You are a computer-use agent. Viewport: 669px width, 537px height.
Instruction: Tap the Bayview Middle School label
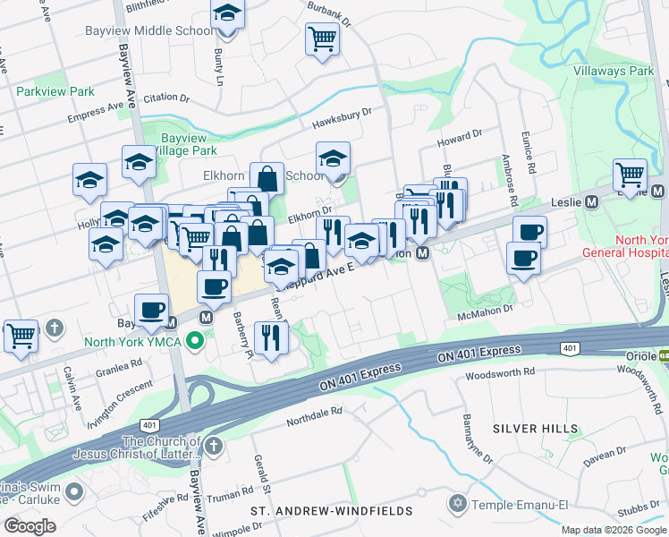click(x=162, y=30)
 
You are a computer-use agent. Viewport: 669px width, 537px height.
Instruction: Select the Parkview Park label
click(x=55, y=91)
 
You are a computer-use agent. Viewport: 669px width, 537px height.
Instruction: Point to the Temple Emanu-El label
click(x=521, y=505)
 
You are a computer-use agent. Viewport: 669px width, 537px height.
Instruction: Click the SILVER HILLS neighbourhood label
click(x=535, y=429)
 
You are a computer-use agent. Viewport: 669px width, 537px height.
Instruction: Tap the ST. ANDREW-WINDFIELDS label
click(x=331, y=511)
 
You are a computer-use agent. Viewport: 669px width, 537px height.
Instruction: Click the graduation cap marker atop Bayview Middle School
click(x=227, y=14)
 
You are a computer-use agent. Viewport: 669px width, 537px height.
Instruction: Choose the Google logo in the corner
click(x=30, y=526)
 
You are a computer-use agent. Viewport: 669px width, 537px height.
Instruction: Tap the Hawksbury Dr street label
click(x=341, y=117)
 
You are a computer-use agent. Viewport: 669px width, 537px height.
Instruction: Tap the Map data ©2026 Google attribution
click(x=614, y=530)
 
